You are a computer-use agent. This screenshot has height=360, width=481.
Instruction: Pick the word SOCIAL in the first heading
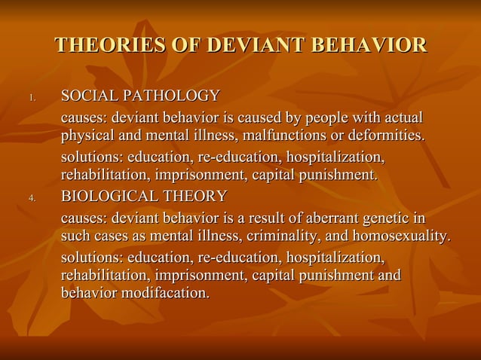[x=87, y=96]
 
